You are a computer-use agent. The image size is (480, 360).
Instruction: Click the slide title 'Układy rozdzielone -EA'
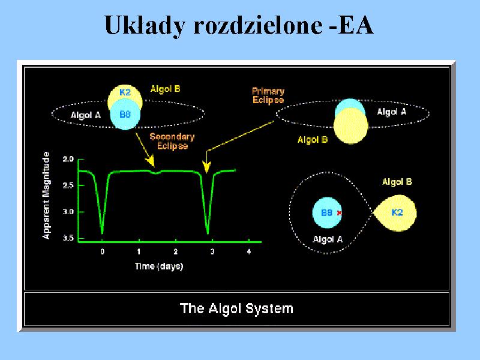pyautogui.click(x=239, y=25)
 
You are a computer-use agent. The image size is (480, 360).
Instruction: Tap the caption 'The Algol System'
pyautogui.click(x=236, y=308)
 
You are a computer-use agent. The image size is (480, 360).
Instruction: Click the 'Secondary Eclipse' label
pyautogui.click(x=172, y=141)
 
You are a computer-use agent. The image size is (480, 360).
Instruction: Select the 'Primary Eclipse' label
pyautogui.click(x=268, y=95)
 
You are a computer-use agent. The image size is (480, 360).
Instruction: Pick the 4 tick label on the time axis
pyautogui.click(x=249, y=251)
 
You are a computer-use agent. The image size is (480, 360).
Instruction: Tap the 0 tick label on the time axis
pyautogui.click(x=102, y=251)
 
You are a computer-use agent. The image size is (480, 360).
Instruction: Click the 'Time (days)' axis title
pyautogui.click(x=159, y=266)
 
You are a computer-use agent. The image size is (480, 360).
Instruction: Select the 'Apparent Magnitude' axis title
pyautogui.click(x=46, y=196)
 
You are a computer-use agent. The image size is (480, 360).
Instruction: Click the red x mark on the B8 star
pyautogui.click(x=339, y=213)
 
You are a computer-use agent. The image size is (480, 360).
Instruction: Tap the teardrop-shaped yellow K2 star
pyautogui.click(x=395, y=213)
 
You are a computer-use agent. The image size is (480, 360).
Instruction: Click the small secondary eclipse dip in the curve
pyautogui.click(x=156, y=173)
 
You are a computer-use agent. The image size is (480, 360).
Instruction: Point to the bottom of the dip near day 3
pyautogui.click(x=208, y=233)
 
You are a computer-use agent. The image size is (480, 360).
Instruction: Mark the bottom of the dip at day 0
pyautogui.click(x=102, y=233)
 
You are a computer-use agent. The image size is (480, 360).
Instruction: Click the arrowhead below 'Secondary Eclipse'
pyautogui.click(x=150, y=161)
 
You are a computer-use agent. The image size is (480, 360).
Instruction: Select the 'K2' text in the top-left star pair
pyautogui.click(x=125, y=92)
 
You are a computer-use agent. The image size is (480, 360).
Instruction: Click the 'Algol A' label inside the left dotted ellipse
pyautogui.click(x=86, y=115)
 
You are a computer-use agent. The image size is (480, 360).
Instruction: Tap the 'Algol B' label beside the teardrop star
pyautogui.click(x=397, y=182)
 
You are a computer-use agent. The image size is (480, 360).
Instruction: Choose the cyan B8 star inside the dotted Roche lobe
pyautogui.click(x=327, y=213)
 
